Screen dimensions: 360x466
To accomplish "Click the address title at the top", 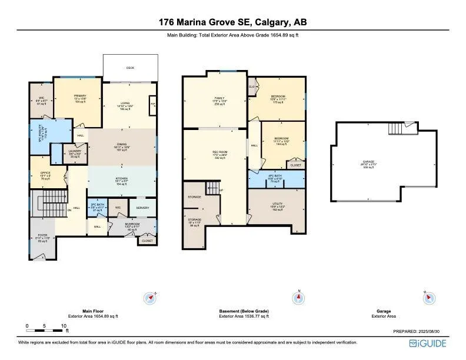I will point(232,22).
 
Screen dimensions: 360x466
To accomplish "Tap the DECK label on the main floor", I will point(130,68).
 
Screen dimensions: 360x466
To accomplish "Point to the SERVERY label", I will point(142,207).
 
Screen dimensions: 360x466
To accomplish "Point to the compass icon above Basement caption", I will point(299,298).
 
